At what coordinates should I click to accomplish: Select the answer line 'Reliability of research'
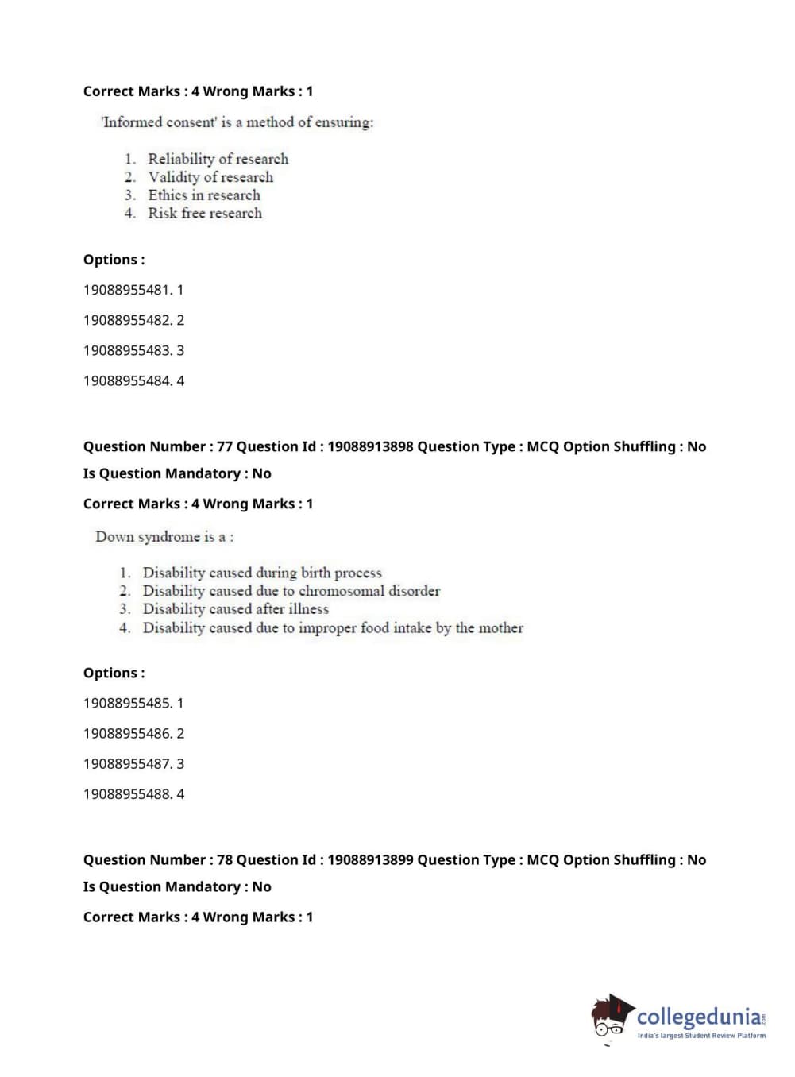tap(218, 159)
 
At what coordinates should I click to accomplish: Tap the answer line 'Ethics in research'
tap(204, 195)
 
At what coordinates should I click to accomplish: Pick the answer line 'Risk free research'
tap(205, 214)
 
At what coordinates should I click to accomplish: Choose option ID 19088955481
tap(127, 290)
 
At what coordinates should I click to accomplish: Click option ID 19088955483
tap(127, 350)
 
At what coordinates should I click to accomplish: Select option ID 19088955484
tap(127, 380)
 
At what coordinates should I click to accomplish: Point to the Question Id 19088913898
tap(370, 446)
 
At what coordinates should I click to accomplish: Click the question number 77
tap(225, 446)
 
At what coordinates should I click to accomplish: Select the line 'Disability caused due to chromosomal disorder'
tap(291, 591)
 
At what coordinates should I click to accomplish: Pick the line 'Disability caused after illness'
tap(235, 609)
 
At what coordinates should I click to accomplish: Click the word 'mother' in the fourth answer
tap(500, 628)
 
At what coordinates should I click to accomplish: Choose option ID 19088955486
tap(127, 733)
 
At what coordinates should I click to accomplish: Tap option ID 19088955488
tap(127, 793)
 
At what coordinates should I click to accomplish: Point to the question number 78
tap(225, 859)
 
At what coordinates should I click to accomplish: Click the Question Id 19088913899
tap(370, 859)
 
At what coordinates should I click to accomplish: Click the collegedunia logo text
tap(698, 1017)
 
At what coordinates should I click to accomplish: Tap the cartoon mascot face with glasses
tap(610, 1020)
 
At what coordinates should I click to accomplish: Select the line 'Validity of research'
tap(210, 177)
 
